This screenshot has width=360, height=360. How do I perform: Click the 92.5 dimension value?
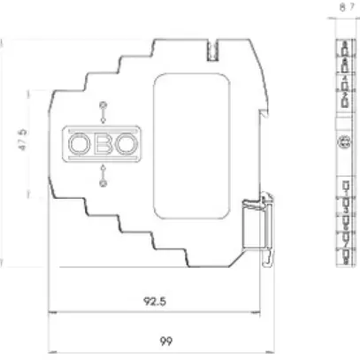click(155, 301)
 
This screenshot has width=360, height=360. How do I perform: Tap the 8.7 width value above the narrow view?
click(345, 8)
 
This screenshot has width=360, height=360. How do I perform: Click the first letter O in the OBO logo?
click(80, 142)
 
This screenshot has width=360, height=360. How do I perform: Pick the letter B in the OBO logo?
click(103, 142)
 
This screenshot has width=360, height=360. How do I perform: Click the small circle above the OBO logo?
click(103, 106)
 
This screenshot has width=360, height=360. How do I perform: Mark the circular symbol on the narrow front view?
click(344, 143)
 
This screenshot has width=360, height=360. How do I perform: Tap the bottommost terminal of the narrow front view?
click(344, 257)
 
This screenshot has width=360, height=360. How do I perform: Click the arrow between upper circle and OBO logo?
click(103, 119)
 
